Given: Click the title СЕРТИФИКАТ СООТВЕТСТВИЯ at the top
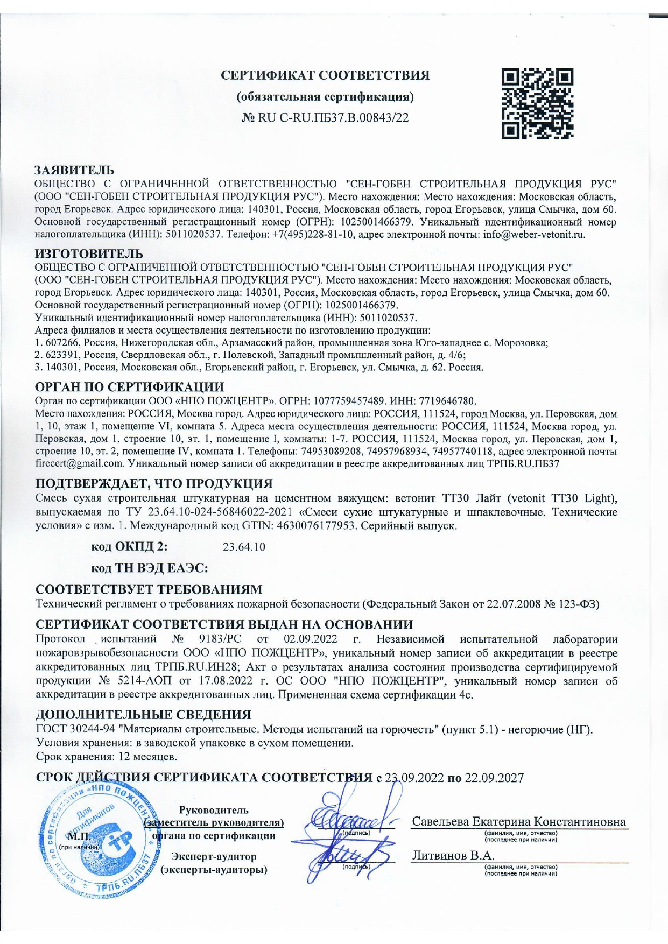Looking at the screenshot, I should coord(326,75).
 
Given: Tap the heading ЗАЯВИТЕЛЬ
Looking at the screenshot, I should coord(74,171).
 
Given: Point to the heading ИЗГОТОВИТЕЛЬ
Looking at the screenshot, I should coord(89,253).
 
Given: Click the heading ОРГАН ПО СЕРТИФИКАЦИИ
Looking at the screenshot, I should coord(129,387).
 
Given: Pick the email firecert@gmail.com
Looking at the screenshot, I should coord(79,463).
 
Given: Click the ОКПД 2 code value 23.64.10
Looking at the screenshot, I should coord(244,547).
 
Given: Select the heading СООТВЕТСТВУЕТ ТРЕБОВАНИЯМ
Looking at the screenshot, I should coord(149,590).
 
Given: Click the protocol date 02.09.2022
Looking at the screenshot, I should coord(310,639).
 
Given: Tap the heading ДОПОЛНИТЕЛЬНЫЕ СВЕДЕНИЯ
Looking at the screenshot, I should coord(143,715).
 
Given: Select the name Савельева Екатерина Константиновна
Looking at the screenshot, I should coord(519,822).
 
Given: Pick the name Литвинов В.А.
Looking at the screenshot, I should coord(453,856).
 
